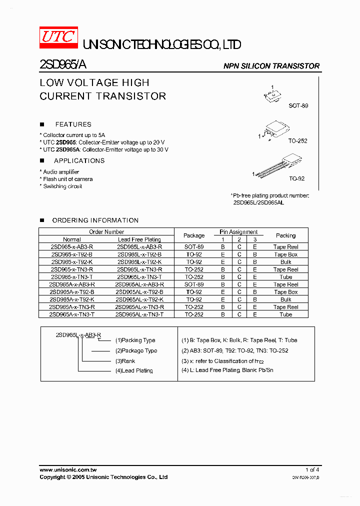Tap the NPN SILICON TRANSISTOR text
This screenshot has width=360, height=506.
click(271, 66)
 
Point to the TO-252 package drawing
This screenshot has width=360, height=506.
click(273, 131)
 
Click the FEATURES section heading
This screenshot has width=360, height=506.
click(73, 124)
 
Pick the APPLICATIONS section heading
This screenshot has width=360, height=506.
click(79, 161)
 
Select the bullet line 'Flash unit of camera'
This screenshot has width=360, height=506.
click(67, 179)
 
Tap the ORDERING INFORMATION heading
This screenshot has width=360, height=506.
click(95, 220)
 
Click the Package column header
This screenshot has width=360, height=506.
click(194, 235)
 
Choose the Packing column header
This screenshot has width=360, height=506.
click(285, 235)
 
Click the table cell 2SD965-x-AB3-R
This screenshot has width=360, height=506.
click(72, 247)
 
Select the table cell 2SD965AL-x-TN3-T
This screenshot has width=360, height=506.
click(139, 314)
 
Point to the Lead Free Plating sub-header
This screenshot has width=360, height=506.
click(139, 239)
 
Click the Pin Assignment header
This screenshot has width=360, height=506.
click(239, 232)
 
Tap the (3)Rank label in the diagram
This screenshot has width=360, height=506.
click(125, 361)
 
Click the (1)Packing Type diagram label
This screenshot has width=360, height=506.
click(135, 340)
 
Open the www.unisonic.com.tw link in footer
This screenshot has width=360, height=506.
click(68, 470)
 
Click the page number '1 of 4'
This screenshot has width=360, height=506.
click(312, 470)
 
